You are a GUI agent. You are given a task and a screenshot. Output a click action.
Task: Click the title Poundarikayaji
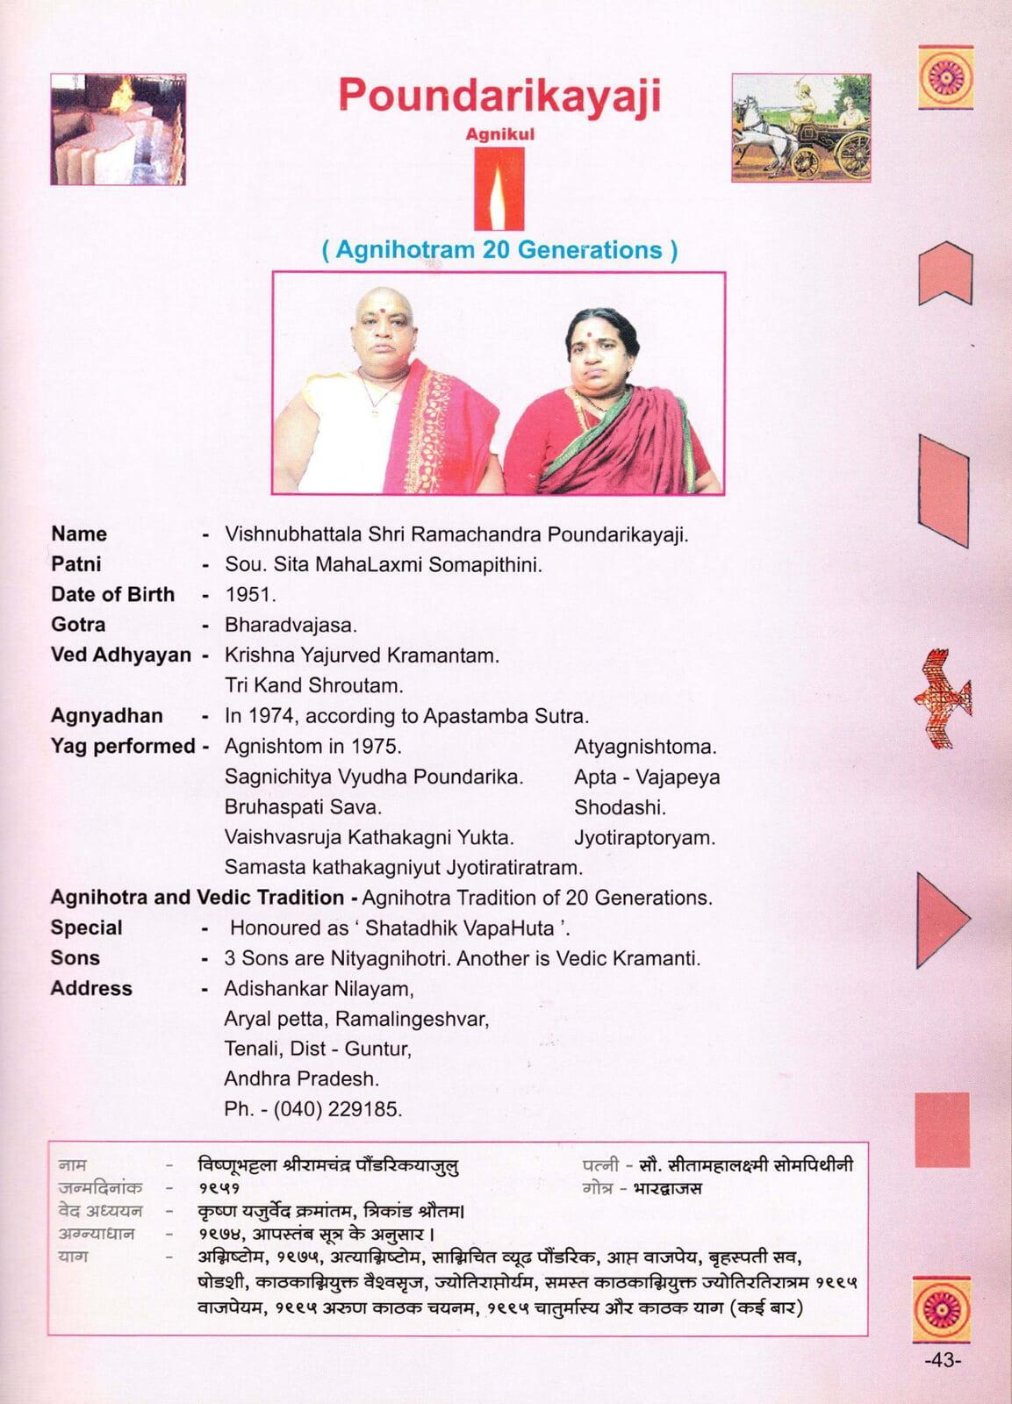click(x=499, y=96)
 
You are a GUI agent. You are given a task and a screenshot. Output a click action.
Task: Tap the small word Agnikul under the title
click(x=499, y=135)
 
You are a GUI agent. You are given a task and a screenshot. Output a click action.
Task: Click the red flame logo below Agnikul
click(x=499, y=188)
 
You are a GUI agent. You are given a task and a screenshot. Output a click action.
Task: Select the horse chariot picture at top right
click(x=800, y=128)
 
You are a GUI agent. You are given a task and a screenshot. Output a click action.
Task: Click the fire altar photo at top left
click(x=118, y=129)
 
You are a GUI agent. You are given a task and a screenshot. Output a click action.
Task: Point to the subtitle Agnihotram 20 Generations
click(x=499, y=250)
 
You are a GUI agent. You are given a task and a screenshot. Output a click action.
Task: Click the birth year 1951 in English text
click(x=249, y=594)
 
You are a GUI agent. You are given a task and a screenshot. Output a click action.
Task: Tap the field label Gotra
click(x=78, y=625)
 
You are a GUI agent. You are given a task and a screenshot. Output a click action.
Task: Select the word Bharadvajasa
click(x=290, y=625)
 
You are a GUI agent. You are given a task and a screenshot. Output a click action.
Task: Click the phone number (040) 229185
click(x=338, y=1109)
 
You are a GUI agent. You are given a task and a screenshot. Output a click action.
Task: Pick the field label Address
click(x=91, y=988)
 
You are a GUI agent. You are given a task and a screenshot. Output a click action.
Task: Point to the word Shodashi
click(x=620, y=807)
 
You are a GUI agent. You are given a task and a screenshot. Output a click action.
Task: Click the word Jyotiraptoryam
click(x=644, y=837)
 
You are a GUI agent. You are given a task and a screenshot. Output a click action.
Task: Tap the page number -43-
click(x=943, y=1360)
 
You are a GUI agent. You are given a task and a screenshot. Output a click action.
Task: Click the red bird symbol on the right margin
click(x=942, y=698)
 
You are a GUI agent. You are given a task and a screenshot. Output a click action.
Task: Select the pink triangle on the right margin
click(x=940, y=919)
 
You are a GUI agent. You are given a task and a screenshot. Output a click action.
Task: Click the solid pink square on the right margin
click(x=942, y=1129)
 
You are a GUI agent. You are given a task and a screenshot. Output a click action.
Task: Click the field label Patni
click(x=76, y=564)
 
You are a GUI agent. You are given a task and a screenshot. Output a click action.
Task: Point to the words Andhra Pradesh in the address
click(x=300, y=1078)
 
